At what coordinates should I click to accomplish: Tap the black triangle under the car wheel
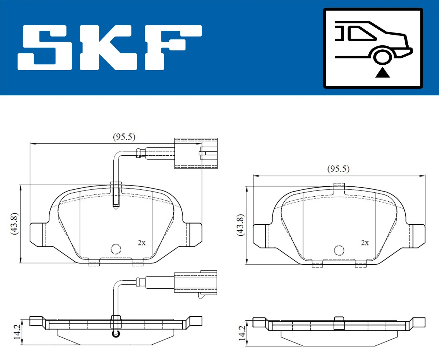click(x=382, y=73)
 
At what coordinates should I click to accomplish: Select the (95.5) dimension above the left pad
click(x=124, y=137)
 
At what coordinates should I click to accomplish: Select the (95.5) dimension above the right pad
click(x=338, y=169)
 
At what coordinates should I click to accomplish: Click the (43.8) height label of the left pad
click(x=15, y=224)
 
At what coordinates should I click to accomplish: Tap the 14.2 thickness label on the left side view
click(x=16, y=331)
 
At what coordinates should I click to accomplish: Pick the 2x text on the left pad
click(x=141, y=243)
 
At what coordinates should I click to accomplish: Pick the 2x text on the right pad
click(x=364, y=243)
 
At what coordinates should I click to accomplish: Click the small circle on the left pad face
click(x=116, y=249)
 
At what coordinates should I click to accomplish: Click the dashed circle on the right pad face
click(x=339, y=250)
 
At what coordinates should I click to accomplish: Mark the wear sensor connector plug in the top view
click(x=196, y=154)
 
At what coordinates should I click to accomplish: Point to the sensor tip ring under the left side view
click(x=116, y=333)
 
